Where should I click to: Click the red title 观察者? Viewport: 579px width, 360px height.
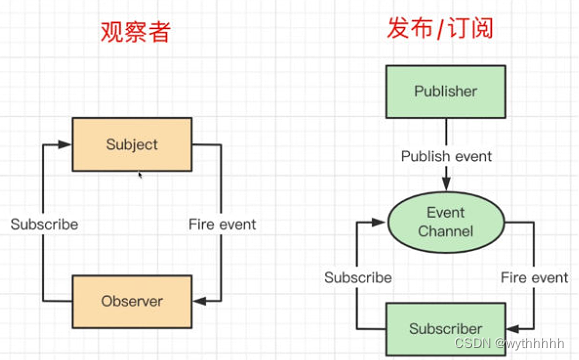pyautogui.click(x=134, y=31)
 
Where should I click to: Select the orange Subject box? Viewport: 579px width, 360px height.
pyautogui.click(x=132, y=145)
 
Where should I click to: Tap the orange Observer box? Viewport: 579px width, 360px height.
pyautogui.click(x=132, y=300)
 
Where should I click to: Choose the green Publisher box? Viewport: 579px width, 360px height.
pyautogui.click(x=446, y=92)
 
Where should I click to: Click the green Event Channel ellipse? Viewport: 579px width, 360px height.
pyautogui.click(x=446, y=222)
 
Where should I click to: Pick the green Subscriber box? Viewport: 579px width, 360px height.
pyautogui.click(x=446, y=329)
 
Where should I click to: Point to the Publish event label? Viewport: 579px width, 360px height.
pyautogui.click(x=446, y=156)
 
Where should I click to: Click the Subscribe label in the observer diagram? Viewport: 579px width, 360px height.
pyautogui.click(x=44, y=224)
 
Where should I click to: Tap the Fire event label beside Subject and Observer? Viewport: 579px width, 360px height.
pyautogui.click(x=222, y=224)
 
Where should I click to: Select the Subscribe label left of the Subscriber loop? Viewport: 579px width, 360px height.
pyautogui.click(x=358, y=277)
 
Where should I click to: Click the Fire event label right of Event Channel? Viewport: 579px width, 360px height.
pyautogui.click(x=534, y=277)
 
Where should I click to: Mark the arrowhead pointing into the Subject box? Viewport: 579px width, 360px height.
pyautogui.click(x=65, y=145)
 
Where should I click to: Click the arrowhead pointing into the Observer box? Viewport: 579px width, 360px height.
pyautogui.click(x=199, y=300)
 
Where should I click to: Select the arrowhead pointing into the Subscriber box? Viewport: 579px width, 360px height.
pyautogui.click(x=513, y=329)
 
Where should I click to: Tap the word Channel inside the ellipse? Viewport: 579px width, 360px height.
pyautogui.click(x=446, y=232)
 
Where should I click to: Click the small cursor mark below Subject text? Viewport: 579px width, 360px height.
pyautogui.click(x=139, y=175)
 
